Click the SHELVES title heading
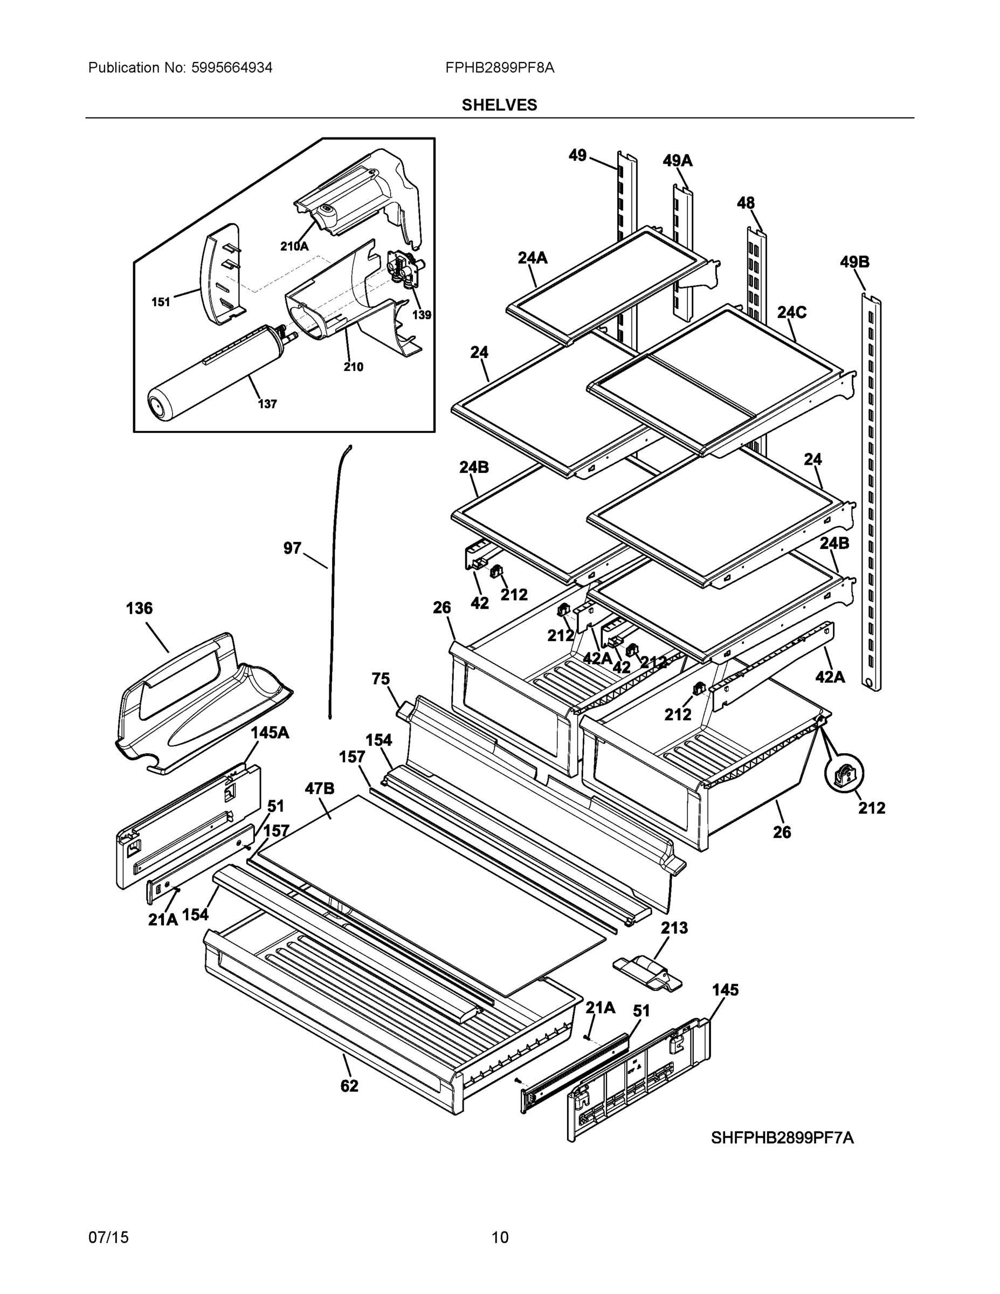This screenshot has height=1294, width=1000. pyautogui.click(x=499, y=105)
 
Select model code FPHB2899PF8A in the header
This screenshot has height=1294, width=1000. pyautogui.click(x=499, y=68)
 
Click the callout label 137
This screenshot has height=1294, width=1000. pyautogui.click(x=267, y=404)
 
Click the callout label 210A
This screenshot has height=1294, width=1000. pyautogui.click(x=294, y=246)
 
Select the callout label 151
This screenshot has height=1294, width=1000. pyautogui.click(x=161, y=302)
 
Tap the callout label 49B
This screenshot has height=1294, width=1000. pyautogui.click(x=854, y=262)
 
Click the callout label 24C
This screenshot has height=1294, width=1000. pyautogui.click(x=791, y=312)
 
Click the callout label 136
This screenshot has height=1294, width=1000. pyautogui.click(x=139, y=609)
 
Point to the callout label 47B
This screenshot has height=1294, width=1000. pyautogui.click(x=319, y=789)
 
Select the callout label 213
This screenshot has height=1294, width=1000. pyautogui.click(x=674, y=928)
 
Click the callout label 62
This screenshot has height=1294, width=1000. pyautogui.click(x=349, y=1086)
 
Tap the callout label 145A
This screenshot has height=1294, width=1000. pyautogui.click(x=270, y=733)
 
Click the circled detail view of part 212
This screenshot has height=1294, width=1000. pyautogui.click(x=844, y=773)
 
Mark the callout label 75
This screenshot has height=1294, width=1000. pyautogui.click(x=381, y=679)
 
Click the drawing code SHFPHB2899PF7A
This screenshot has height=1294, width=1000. pyautogui.click(x=782, y=1138)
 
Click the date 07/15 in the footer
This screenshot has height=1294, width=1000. pyautogui.click(x=108, y=1238)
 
